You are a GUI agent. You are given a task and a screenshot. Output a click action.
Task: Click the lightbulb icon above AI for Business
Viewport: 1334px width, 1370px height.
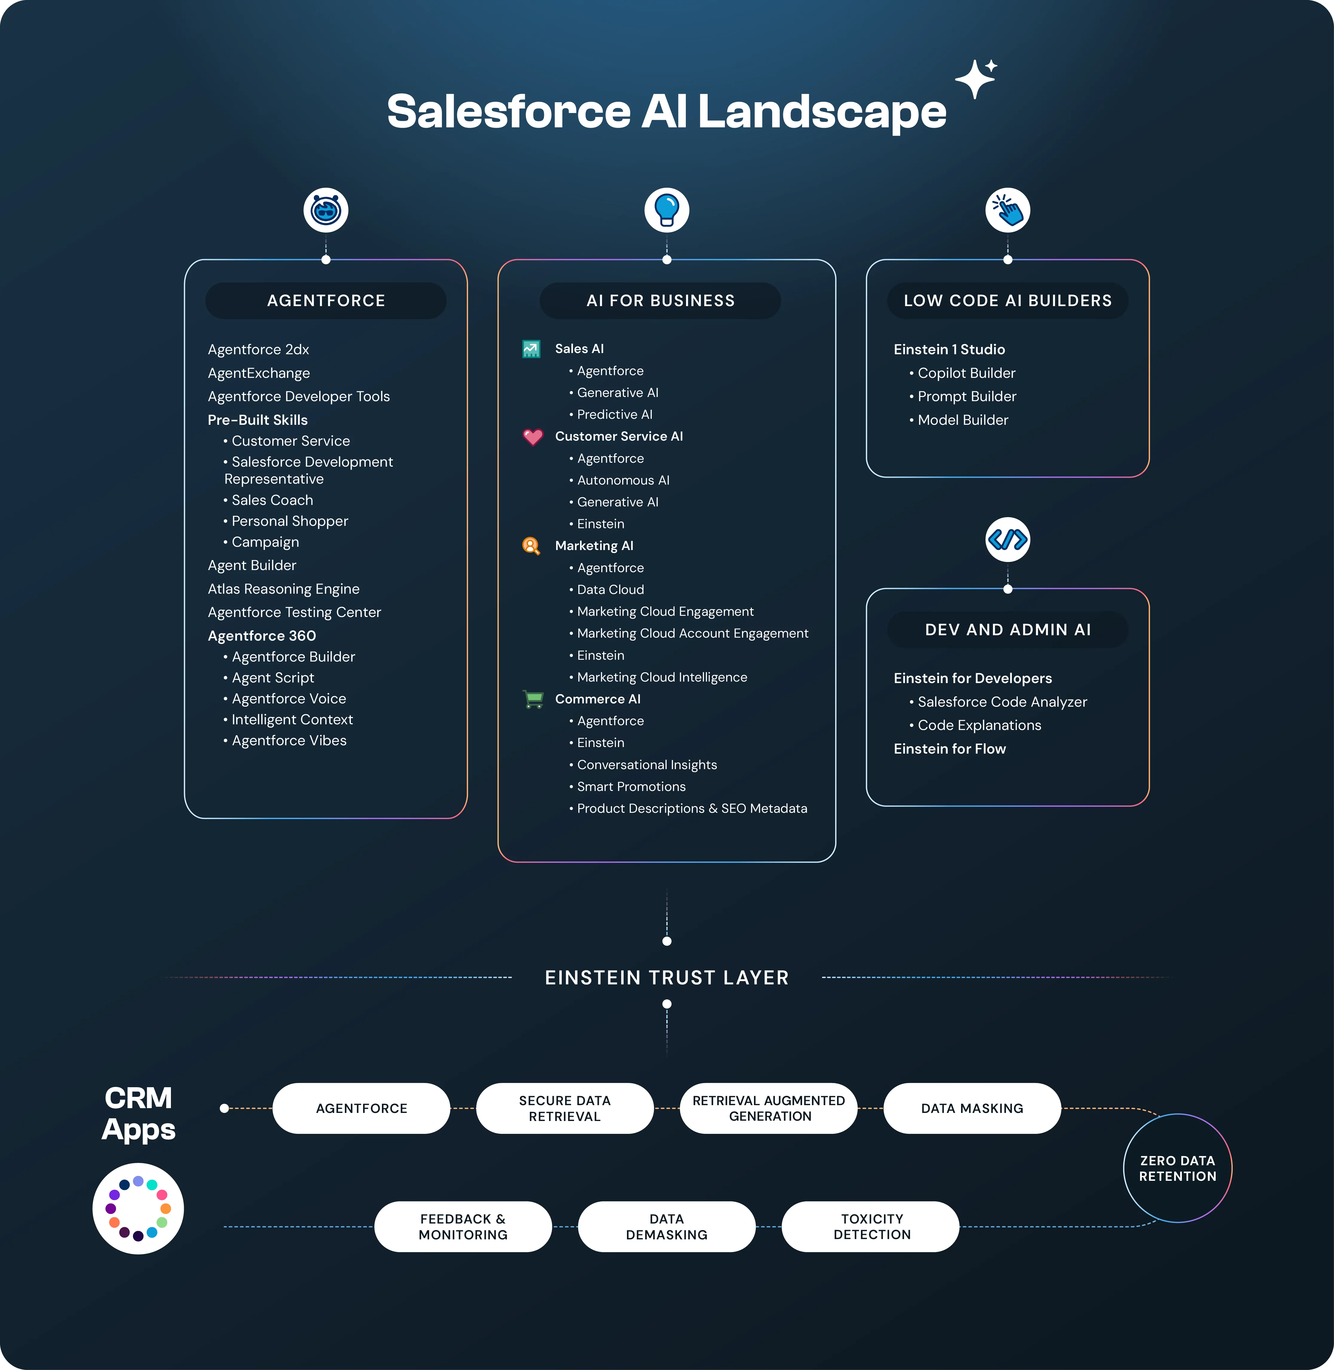pyautogui.click(x=666, y=210)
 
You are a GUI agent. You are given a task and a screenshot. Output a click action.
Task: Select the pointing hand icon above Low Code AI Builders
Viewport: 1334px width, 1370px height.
pyautogui.click(x=1007, y=210)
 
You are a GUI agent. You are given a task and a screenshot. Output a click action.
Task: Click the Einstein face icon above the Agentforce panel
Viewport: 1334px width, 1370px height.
pyautogui.click(x=326, y=210)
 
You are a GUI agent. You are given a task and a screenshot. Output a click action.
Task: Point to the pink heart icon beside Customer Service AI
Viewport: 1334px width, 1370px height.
pyautogui.click(x=533, y=436)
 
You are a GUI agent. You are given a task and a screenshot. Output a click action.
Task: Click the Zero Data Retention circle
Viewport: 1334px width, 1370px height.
pyautogui.click(x=1177, y=1168)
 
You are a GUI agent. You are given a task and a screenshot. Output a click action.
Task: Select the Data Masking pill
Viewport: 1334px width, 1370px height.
pyautogui.click(x=972, y=1108)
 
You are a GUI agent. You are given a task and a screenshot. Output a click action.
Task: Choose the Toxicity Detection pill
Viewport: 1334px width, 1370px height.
pyautogui.click(x=871, y=1226)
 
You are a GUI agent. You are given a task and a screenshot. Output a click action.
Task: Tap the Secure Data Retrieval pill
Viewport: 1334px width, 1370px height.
pyautogui.click(x=565, y=1108)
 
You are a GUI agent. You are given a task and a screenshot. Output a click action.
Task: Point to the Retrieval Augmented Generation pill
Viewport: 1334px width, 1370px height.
pyautogui.click(x=769, y=1108)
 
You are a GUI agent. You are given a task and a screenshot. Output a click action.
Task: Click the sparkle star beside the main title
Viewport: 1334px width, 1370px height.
pyautogui.click(x=975, y=79)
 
